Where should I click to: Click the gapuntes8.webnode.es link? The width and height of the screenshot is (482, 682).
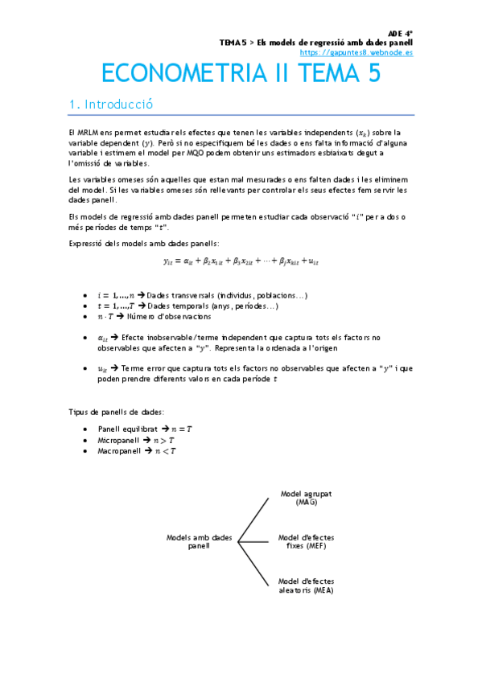pos(356,52)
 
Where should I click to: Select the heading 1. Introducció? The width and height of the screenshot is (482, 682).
pos(111,105)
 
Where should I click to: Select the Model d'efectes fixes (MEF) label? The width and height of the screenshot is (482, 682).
pos(306,540)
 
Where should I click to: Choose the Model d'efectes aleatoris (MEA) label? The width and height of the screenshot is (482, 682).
pos(306,585)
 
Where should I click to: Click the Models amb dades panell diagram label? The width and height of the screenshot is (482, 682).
pos(199,540)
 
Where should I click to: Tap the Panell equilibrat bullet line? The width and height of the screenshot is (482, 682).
pos(145,429)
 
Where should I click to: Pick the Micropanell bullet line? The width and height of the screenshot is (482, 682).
pos(136,440)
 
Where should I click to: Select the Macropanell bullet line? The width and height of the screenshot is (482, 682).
pos(136,451)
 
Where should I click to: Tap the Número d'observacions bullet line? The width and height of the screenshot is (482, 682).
pos(157,318)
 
